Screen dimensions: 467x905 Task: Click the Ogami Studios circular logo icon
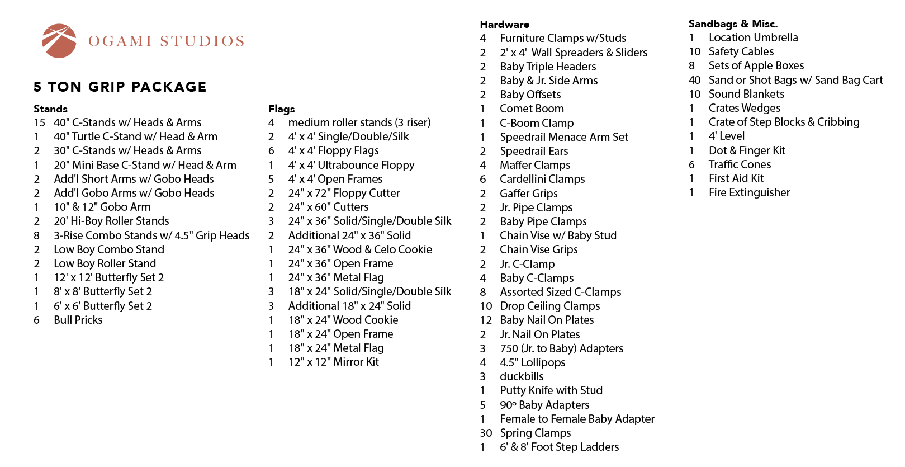coord(59,41)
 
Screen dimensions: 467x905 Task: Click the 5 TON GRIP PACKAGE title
coord(120,87)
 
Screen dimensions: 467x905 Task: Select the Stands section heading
coord(50,109)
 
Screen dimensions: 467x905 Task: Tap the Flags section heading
coord(281,109)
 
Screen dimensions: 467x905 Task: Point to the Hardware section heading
coord(504,24)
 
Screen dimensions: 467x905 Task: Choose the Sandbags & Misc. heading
coord(733,23)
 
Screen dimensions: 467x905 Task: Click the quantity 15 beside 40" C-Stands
coord(39,122)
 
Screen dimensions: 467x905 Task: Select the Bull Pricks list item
coord(78,320)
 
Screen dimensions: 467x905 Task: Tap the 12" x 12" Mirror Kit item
coord(333,362)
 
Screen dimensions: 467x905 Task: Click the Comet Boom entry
coord(532,109)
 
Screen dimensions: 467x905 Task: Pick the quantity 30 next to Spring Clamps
coord(486,433)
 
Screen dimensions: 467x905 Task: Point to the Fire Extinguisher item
coord(749,192)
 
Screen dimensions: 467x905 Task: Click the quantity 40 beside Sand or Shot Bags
coord(695,80)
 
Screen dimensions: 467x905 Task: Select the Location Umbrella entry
coord(753,37)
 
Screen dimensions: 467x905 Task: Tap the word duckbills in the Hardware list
coord(522,376)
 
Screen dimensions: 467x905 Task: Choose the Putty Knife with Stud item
coord(551,390)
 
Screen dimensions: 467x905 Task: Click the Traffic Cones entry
coord(740,164)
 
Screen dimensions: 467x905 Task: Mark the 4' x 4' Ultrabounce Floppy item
coord(351,165)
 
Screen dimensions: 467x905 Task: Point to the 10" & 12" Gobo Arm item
coord(102,207)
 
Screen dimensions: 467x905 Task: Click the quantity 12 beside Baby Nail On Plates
coord(486,320)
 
